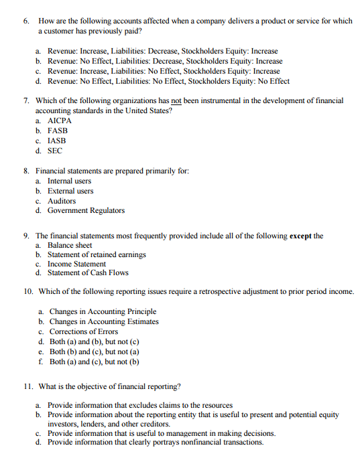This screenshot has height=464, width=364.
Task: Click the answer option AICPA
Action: (x=60, y=121)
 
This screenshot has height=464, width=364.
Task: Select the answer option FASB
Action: (x=58, y=131)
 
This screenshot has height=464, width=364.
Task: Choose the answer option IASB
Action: (x=57, y=141)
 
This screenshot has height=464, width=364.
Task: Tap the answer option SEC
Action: (x=55, y=151)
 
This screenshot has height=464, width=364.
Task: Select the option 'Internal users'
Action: (x=69, y=181)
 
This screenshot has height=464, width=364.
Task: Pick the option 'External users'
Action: (x=70, y=191)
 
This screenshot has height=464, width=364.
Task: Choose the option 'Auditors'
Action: (x=62, y=201)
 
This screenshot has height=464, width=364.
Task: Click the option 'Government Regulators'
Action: (x=86, y=210)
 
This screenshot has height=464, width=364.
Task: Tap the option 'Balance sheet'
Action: (x=70, y=245)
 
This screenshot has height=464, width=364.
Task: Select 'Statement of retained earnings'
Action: (x=96, y=254)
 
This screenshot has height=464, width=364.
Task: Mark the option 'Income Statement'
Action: (x=76, y=264)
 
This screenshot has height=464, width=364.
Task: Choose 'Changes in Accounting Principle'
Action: (x=103, y=311)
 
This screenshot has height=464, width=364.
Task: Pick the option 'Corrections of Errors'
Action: (x=84, y=331)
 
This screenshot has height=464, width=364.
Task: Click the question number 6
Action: (x=26, y=21)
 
